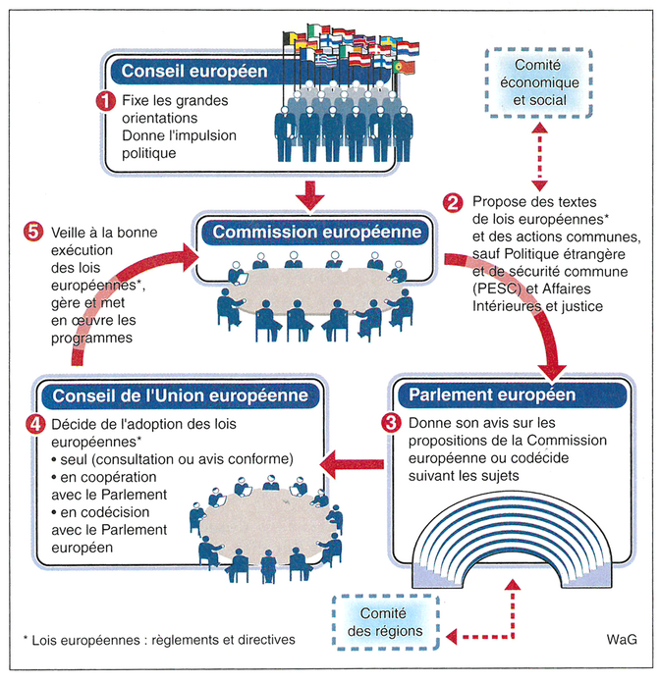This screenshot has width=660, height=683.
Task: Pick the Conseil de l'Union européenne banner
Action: point(174,395)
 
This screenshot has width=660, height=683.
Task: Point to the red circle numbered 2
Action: point(454,201)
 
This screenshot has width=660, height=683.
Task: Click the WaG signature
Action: point(618,639)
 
